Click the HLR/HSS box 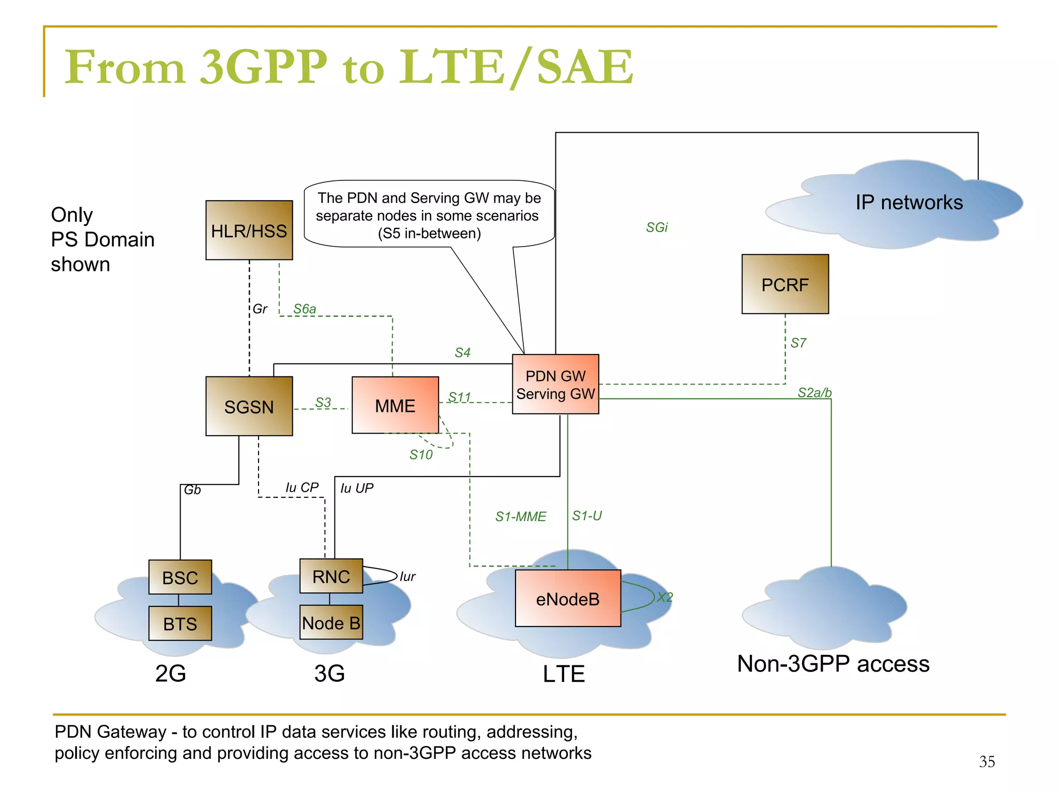click(x=249, y=231)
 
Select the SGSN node click(x=249, y=406)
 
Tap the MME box click(x=395, y=405)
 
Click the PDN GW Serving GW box click(x=555, y=384)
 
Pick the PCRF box click(x=785, y=284)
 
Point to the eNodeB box click(x=568, y=599)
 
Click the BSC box click(x=180, y=577)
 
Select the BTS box click(x=180, y=623)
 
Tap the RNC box click(x=331, y=576)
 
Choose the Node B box click(x=331, y=622)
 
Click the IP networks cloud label click(x=909, y=202)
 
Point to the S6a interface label click(x=305, y=309)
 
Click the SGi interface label click(x=657, y=227)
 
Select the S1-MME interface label click(x=520, y=516)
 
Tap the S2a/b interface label click(x=814, y=392)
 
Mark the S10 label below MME click(x=421, y=454)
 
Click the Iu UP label click(x=357, y=488)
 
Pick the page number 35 click(x=987, y=761)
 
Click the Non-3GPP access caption click(x=833, y=664)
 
